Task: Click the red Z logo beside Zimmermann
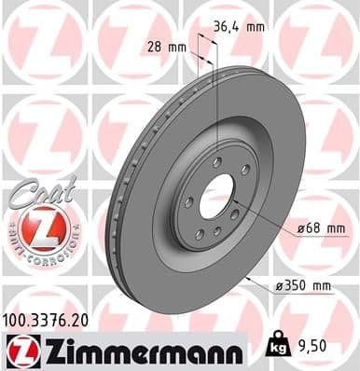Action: pos(21,352)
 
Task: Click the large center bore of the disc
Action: pos(217,197)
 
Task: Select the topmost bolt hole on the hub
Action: pos(216,161)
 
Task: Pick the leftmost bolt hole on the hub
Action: pos(188,200)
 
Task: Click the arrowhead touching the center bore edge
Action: pos(234,208)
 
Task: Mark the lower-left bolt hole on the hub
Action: pos(195,224)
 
